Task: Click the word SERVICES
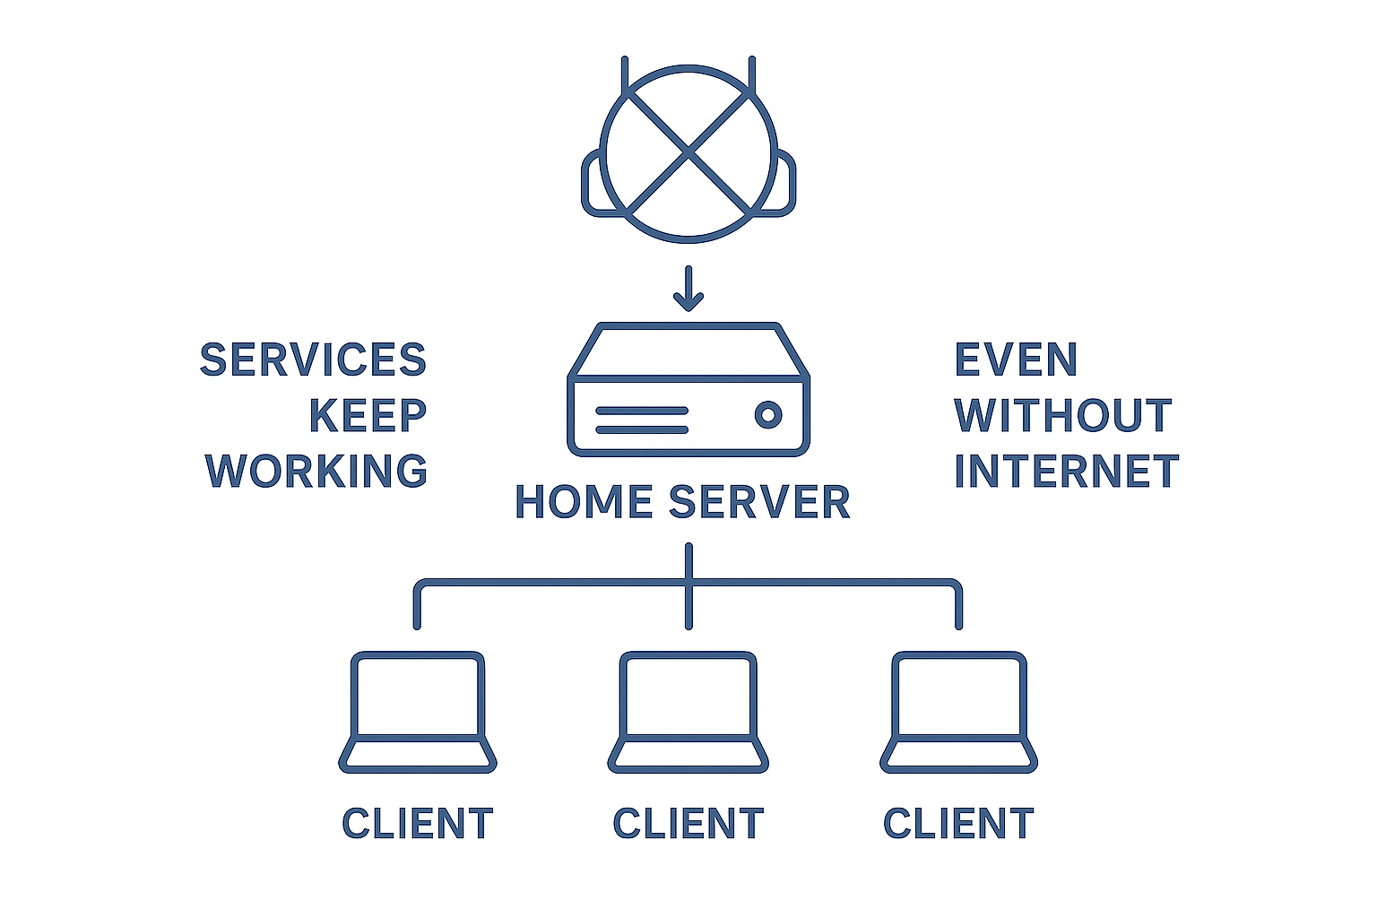click(313, 360)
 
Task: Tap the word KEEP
click(368, 416)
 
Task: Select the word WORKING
click(316, 472)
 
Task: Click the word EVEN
click(1016, 360)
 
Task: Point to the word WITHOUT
click(1063, 416)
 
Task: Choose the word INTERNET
click(1067, 472)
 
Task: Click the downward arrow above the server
click(688, 289)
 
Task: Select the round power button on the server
click(768, 414)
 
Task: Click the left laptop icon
click(418, 712)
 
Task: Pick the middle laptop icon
click(688, 712)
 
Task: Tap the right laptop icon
click(959, 712)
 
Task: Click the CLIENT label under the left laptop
click(418, 824)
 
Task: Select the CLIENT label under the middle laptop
click(688, 824)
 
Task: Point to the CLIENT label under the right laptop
click(959, 824)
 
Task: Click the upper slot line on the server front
click(642, 411)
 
